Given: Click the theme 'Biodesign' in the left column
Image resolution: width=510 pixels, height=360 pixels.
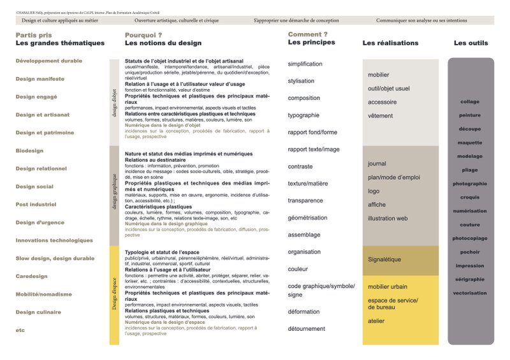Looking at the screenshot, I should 30,150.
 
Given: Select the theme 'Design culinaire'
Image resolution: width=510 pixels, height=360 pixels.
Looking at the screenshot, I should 38,312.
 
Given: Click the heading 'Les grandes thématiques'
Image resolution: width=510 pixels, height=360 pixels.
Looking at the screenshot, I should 60,43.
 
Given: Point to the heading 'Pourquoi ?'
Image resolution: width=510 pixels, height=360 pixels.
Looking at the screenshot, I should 143,34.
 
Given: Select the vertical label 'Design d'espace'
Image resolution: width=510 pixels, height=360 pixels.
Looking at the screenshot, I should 115,294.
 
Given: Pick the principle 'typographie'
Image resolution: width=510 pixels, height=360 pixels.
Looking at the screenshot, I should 303,115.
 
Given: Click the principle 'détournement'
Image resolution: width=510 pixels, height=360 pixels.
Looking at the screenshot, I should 307,329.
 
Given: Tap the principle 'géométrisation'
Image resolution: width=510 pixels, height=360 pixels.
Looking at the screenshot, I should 307,217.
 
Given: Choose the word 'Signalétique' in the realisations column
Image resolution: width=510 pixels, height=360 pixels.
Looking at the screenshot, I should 384,260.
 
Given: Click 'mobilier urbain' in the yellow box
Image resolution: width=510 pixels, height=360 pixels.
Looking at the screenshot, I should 388,287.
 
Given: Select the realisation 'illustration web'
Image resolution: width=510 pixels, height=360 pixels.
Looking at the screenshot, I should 388,219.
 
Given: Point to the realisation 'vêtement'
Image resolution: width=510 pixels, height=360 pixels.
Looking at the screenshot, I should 381,116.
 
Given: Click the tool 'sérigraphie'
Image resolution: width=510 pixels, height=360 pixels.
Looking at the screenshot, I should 470,279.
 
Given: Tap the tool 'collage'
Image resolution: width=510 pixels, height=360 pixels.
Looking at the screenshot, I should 470,101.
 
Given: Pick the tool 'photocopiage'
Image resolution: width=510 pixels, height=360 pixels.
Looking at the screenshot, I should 470,238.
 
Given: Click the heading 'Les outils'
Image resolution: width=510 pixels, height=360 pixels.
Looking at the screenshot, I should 471,43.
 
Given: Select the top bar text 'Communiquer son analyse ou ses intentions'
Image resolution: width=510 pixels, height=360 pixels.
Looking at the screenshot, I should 421,20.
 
